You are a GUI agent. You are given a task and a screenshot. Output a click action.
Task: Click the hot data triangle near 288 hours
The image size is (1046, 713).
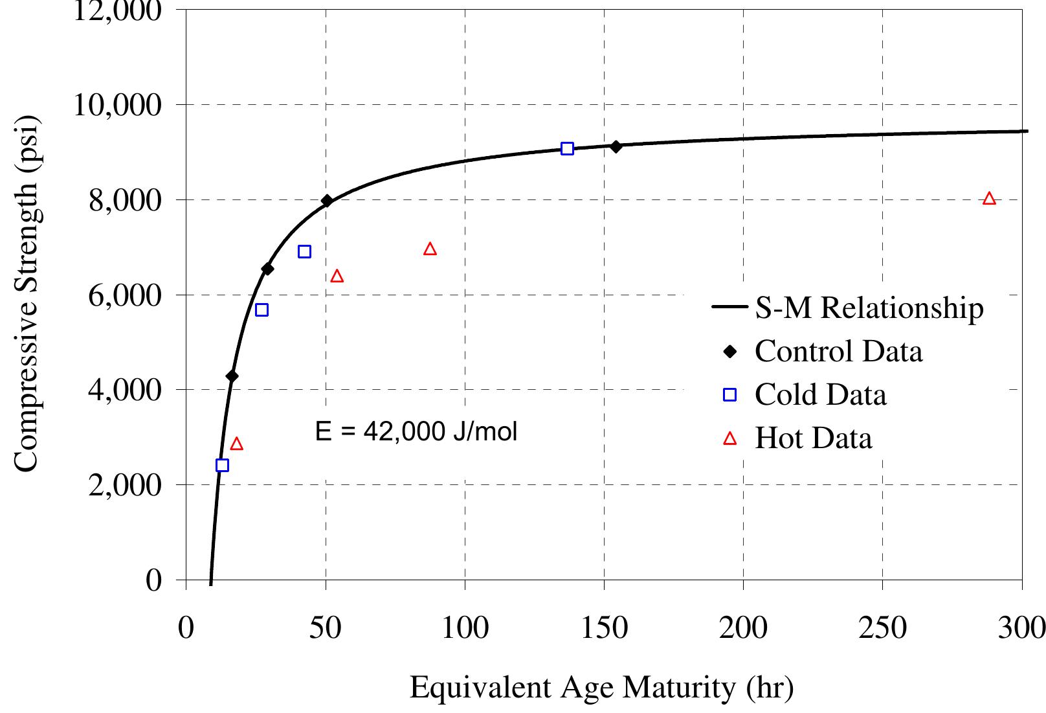coord(988,199)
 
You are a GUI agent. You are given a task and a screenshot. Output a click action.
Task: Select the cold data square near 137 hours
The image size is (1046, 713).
coord(567,149)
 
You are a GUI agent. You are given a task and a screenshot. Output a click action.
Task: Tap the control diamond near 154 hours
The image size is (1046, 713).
coord(616,146)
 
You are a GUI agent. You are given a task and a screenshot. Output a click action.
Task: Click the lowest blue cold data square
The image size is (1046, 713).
coord(222,465)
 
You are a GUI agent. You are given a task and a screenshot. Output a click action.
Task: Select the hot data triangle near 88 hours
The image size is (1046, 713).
coord(430,249)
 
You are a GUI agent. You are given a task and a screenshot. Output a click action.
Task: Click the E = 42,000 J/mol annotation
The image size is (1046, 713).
coord(416,432)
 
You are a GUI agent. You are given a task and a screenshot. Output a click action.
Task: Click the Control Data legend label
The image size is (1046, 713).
coord(838,352)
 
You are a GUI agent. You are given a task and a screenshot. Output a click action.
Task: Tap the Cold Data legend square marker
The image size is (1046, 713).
coord(730,395)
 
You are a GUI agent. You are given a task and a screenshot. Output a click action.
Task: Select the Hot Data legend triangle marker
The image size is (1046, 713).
coord(730,439)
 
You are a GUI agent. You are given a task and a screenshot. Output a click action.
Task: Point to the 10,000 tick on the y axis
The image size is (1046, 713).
coord(117,105)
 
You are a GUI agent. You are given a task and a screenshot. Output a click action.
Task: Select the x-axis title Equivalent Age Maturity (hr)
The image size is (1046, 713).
coord(601,688)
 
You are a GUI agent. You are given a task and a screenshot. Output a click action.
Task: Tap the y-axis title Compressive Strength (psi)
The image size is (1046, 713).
coord(27,295)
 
